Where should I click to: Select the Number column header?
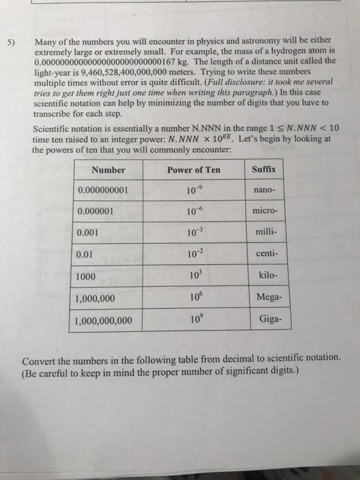108,169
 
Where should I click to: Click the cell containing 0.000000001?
108,190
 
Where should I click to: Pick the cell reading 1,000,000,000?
109,321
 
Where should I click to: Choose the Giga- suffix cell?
265,319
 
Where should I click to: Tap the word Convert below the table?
43,359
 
